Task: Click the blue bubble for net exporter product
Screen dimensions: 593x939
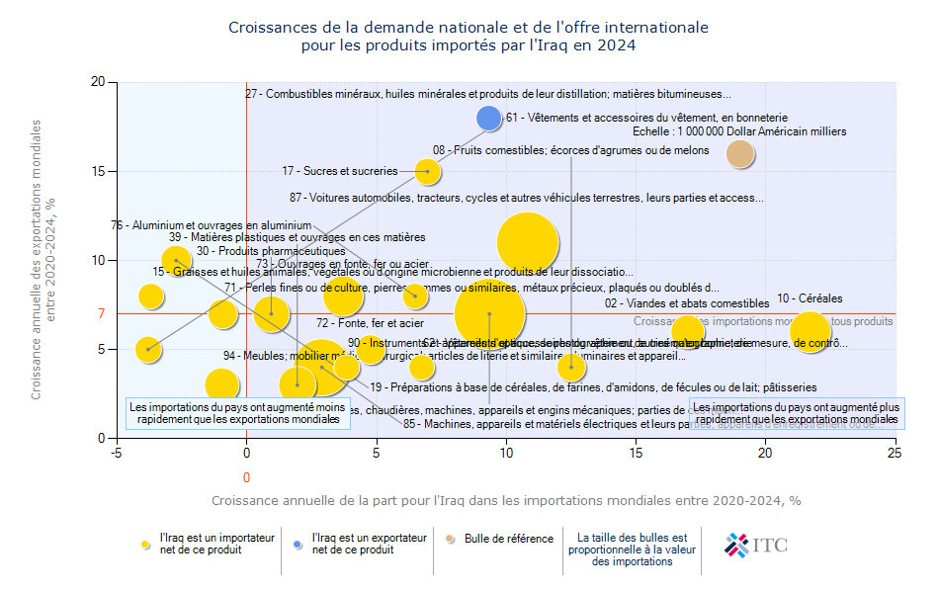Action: click(x=489, y=119)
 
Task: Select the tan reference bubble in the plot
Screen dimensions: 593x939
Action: click(x=740, y=153)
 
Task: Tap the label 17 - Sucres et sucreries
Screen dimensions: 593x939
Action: click(x=339, y=171)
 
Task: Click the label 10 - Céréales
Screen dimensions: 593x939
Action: click(x=810, y=298)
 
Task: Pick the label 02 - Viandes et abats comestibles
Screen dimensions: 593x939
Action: click(x=687, y=303)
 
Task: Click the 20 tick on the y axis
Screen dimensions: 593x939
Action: click(x=98, y=82)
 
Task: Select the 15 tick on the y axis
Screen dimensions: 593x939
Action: click(x=98, y=171)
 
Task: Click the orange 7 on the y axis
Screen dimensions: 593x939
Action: click(x=101, y=313)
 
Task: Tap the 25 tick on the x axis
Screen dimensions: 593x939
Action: click(x=895, y=453)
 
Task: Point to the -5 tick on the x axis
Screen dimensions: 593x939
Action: click(x=117, y=453)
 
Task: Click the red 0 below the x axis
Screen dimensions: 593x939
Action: click(x=246, y=477)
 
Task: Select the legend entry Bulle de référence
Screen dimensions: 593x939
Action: click(x=508, y=539)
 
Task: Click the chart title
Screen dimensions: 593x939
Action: click(x=469, y=37)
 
